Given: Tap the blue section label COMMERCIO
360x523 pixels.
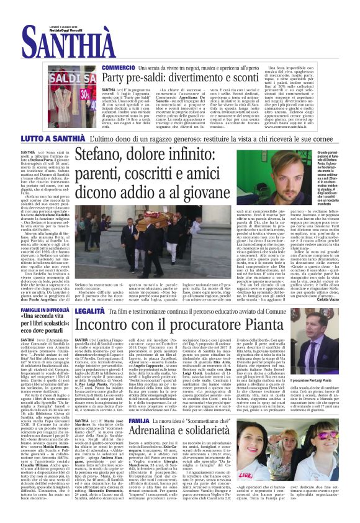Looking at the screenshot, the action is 118,67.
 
